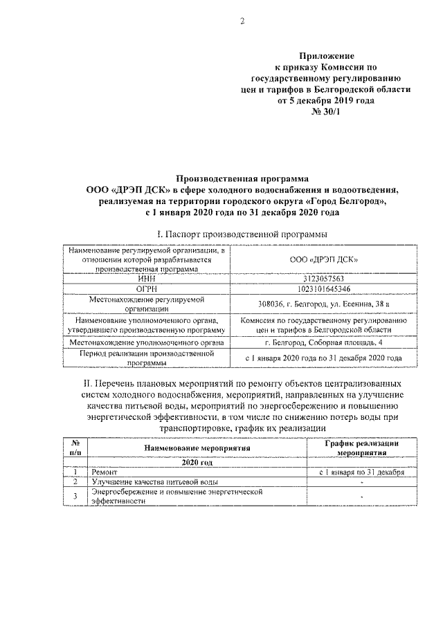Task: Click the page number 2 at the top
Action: (242, 21)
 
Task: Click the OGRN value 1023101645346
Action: (323, 288)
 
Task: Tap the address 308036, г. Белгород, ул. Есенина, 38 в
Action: (323, 304)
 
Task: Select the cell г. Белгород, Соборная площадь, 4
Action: (323, 342)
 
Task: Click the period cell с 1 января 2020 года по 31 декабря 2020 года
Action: (323, 358)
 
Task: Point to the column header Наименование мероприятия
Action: (197, 448)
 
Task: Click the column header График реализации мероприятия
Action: (361, 448)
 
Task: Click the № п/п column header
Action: (74, 448)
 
